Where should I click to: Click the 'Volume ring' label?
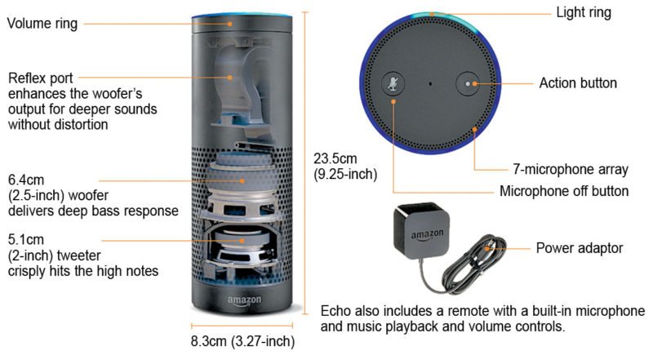click(x=42, y=24)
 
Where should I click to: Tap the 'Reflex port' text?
click(x=41, y=79)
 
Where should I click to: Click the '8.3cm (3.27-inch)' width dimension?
click(x=242, y=341)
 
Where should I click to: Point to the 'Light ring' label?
click(x=583, y=12)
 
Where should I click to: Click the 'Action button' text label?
click(x=578, y=83)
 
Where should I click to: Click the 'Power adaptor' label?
click(x=580, y=247)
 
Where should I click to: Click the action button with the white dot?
click(x=468, y=83)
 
